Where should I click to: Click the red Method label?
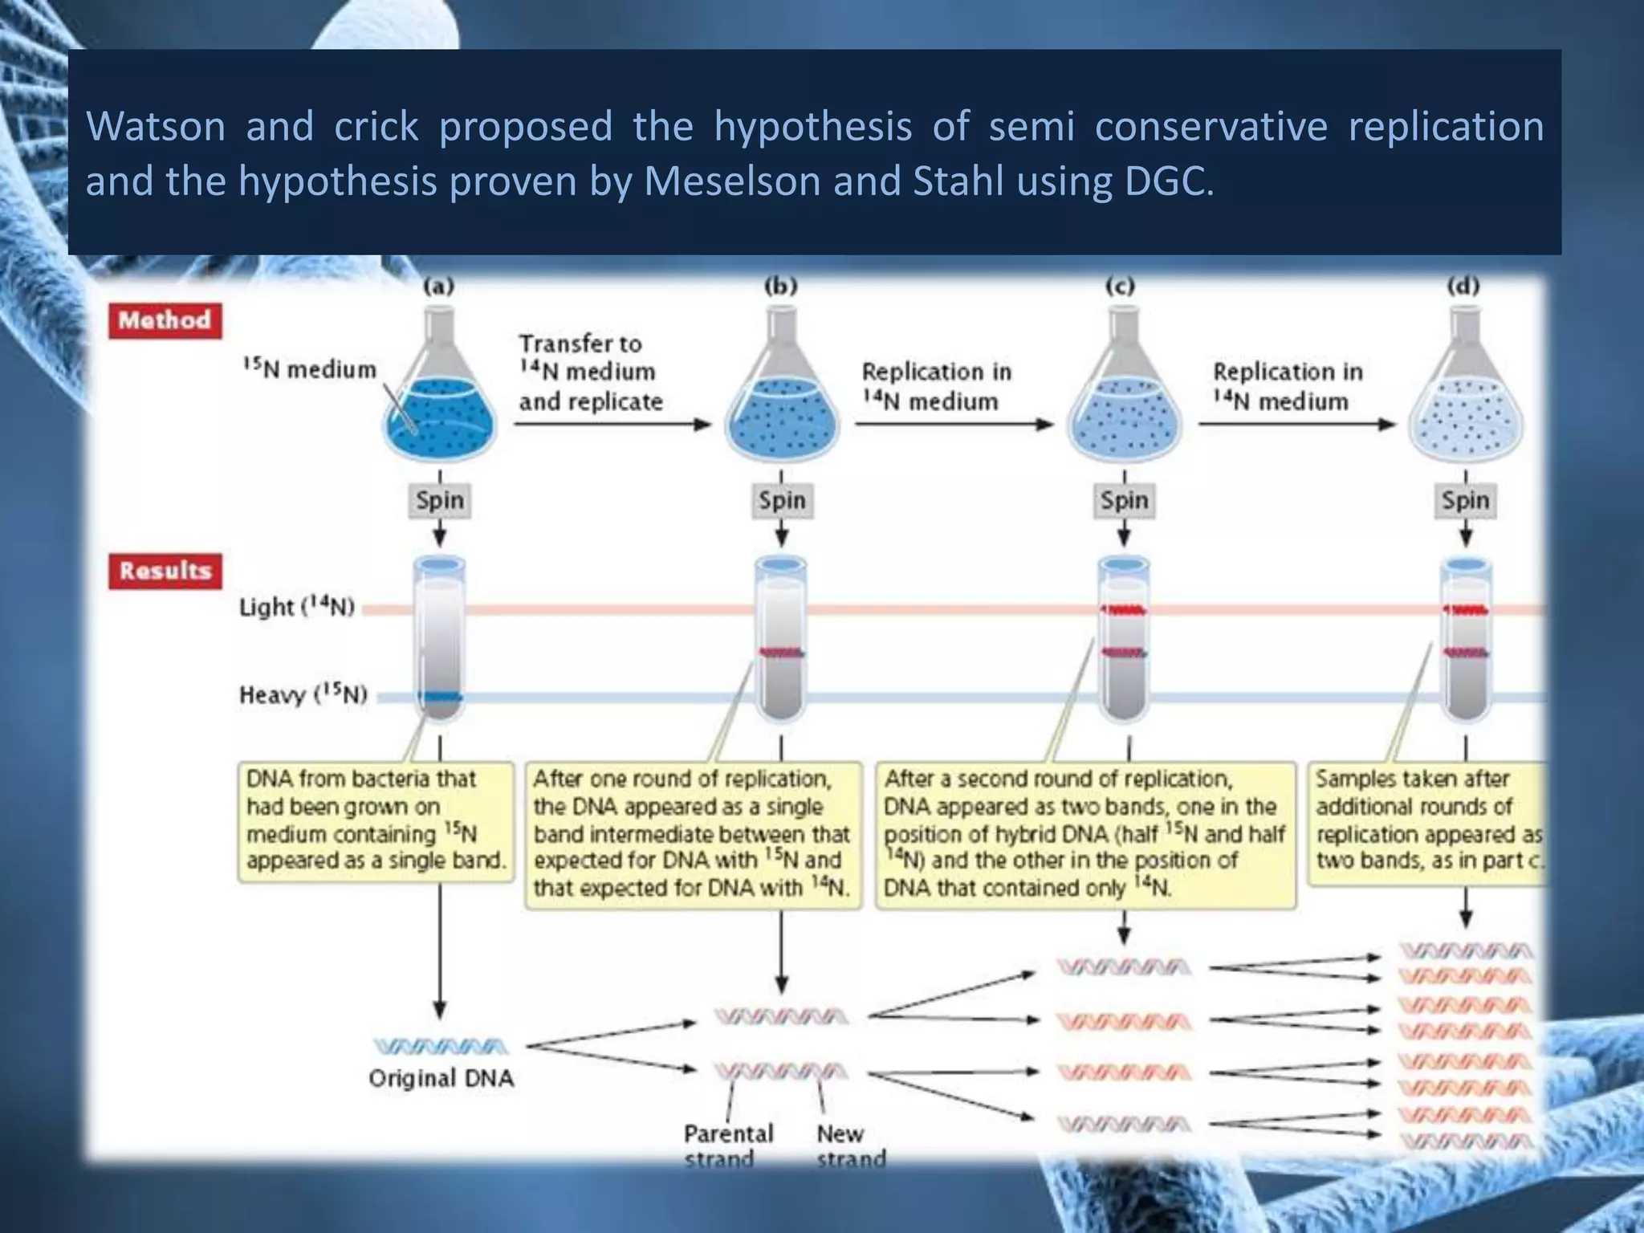(x=165, y=320)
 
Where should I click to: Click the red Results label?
(x=165, y=571)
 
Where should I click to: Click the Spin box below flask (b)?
(x=782, y=500)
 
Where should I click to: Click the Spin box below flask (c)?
(x=1124, y=500)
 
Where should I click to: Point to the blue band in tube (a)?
(x=440, y=696)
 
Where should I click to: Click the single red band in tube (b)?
(x=781, y=652)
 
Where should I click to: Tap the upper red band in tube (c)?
(x=1123, y=610)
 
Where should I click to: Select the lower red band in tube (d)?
(x=1465, y=653)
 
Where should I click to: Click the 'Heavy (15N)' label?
(x=303, y=694)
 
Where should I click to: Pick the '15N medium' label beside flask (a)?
(x=309, y=369)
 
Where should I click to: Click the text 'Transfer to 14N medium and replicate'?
(x=590, y=372)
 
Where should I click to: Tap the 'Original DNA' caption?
(x=441, y=1078)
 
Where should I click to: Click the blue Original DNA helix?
(x=440, y=1046)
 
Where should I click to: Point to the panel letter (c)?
(x=1120, y=286)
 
